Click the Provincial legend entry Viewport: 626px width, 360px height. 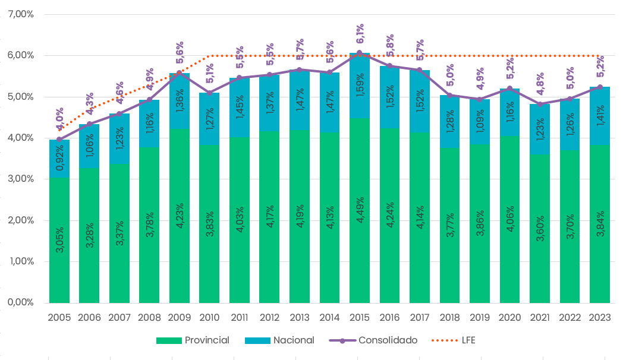[193, 340]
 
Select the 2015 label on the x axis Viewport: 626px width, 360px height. [360, 317]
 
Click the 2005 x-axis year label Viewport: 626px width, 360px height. [59, 317]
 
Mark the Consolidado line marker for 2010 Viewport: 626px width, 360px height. [209, 93]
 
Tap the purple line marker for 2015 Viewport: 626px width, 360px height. [360, 53]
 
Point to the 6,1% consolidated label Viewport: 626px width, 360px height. [360, 33]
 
